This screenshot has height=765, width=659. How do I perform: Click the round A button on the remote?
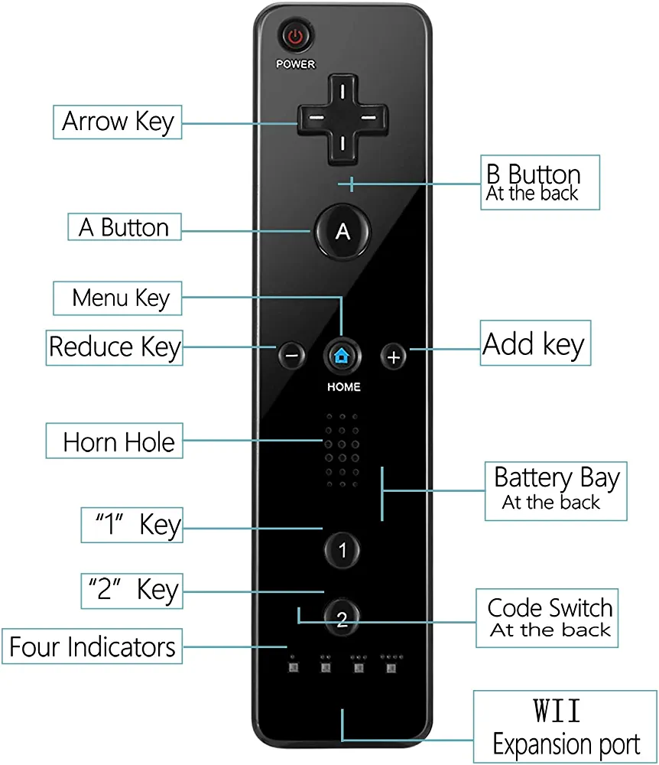click(342, 231)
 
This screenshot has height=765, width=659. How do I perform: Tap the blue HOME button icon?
click(342, 355)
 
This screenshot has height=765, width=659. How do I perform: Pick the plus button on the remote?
click(393, 356)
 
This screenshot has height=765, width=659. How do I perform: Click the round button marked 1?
click(342, 549)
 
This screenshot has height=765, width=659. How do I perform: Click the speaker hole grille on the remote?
click(342, 451)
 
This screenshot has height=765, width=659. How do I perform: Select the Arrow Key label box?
click(118, 122)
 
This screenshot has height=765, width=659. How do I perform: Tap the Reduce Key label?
click(115, 347)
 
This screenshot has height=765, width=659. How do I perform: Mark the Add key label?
click(534, 345)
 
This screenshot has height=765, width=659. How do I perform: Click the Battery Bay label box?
click(556, 490)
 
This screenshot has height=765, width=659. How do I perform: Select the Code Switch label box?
click(549, 617)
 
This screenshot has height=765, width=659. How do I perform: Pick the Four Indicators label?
click(93, 646)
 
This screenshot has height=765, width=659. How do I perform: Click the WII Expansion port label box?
click(564, 727)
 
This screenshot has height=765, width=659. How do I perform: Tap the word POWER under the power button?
click(295, 64)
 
